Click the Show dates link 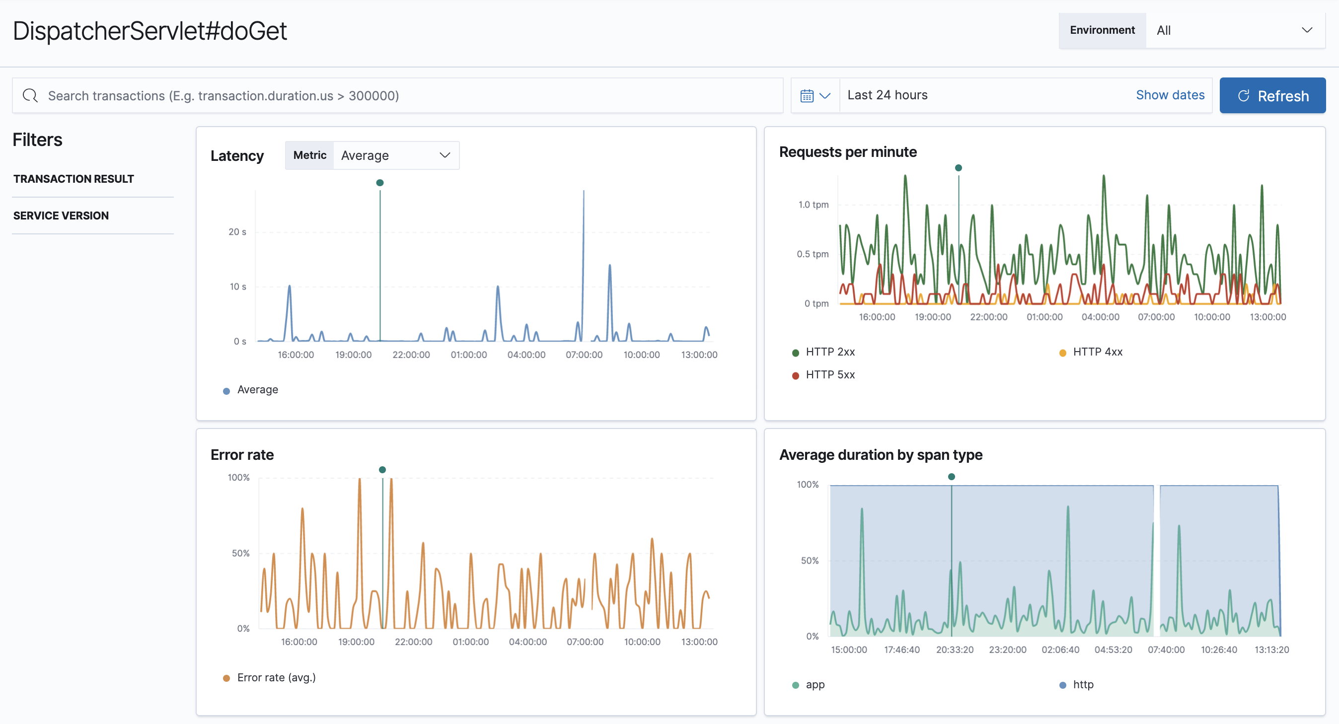click(x=1170, y=95)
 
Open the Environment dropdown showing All click(x=1235, y=30)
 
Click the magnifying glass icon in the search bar click(x=30, y=96)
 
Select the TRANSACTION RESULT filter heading click(x=74, y=179)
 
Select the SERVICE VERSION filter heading click(x=61, y=216)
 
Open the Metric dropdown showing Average click(x=395, y=155)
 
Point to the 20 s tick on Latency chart click(x=237, y=232)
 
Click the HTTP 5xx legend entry click(x=829, y=375)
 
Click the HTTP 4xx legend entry click(x=1097, y=352)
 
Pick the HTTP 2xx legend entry click(x=829, y=352)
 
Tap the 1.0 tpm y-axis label click(x=813, y=205)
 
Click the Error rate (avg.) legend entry click(x=276, y=678)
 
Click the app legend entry click(x=815, y=684)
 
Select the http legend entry click(x=1083, y=684)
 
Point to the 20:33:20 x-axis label click(x=955, y=650)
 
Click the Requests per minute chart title click(x=847, y=152)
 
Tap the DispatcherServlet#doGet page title click(x=149, y=31)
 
